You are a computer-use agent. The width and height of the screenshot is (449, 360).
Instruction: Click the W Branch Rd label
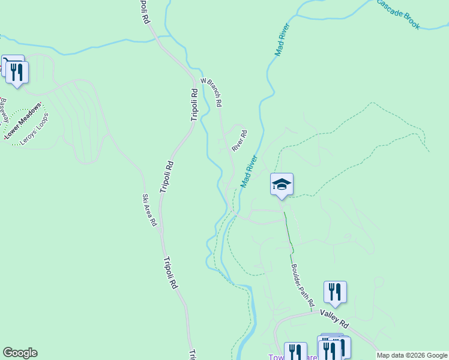coord(211,92)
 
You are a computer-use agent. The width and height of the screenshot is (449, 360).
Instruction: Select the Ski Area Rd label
coord(149,210)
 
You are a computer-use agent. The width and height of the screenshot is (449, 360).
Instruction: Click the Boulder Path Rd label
coord(303,286)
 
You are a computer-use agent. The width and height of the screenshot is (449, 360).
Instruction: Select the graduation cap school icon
coord(282,184)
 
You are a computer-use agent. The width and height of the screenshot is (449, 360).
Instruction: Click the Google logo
coord(20,353)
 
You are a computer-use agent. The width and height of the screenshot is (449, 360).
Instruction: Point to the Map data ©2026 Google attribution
coord(412,355)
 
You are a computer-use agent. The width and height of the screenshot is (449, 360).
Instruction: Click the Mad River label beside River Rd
coord(249,171)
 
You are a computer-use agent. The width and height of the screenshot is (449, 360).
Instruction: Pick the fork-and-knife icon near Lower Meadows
coord(17,73)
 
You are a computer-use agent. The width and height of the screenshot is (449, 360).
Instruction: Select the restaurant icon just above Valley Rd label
coord(335,292)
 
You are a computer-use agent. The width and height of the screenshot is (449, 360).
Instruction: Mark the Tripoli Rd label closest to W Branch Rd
coord(194,105)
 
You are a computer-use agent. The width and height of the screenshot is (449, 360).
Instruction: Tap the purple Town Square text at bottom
coord(276,356)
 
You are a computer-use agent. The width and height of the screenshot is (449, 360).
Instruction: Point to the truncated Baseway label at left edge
coord(3,108)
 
